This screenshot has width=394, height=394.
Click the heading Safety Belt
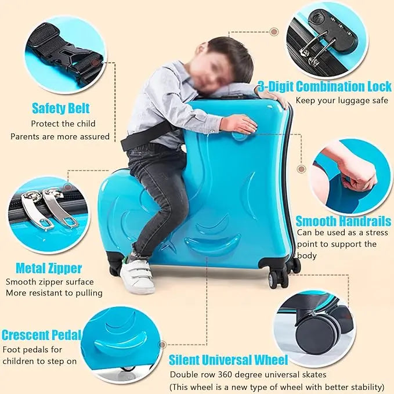point(60,109)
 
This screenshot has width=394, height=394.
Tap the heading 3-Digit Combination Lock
point(325,86)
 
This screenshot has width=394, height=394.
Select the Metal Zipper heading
point(49,268)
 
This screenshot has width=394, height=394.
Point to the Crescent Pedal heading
point(41,335)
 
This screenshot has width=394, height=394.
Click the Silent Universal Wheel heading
point(228,360)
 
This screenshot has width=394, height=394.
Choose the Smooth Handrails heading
point(344,221)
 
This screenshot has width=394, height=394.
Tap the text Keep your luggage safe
point(342,100)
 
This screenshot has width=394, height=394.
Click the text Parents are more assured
point(60,136)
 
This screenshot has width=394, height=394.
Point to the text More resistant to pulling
point(54,293)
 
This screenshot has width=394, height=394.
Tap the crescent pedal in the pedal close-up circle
point(121,341)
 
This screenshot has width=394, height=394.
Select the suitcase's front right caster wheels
point(283,274)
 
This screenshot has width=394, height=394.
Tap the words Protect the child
point(63,124)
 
